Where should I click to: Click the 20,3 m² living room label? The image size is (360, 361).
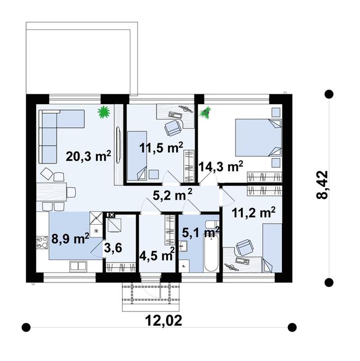[x=88, y=157]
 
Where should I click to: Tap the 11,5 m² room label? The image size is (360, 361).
[x=161, y=148]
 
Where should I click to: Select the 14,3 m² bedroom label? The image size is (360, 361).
[x=221, y=166]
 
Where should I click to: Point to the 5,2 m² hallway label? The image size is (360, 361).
[x=172, y=195]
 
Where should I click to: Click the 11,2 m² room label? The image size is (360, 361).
[x=253, y=213]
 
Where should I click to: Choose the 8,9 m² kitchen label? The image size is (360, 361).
[x=70, y=238]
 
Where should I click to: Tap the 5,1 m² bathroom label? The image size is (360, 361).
[x=201, y=232]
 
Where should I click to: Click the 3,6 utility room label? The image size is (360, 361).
[x=113, y=248]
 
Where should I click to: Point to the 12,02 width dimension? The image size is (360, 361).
[x=164, y=321]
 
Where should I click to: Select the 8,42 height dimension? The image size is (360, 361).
[x=322, y=185]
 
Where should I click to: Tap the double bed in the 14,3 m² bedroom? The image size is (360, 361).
[x=259, y=137]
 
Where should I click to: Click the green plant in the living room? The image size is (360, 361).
[x=104, y=112]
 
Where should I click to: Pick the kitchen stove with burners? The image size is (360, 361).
[x=42, y=242]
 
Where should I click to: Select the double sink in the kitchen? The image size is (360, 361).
[x=78, y=266]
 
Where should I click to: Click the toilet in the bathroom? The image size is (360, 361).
[x=212, y=224]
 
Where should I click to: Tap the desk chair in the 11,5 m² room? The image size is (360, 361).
[x=173, y=128]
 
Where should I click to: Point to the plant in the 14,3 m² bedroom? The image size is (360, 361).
[x=205, y=113]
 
